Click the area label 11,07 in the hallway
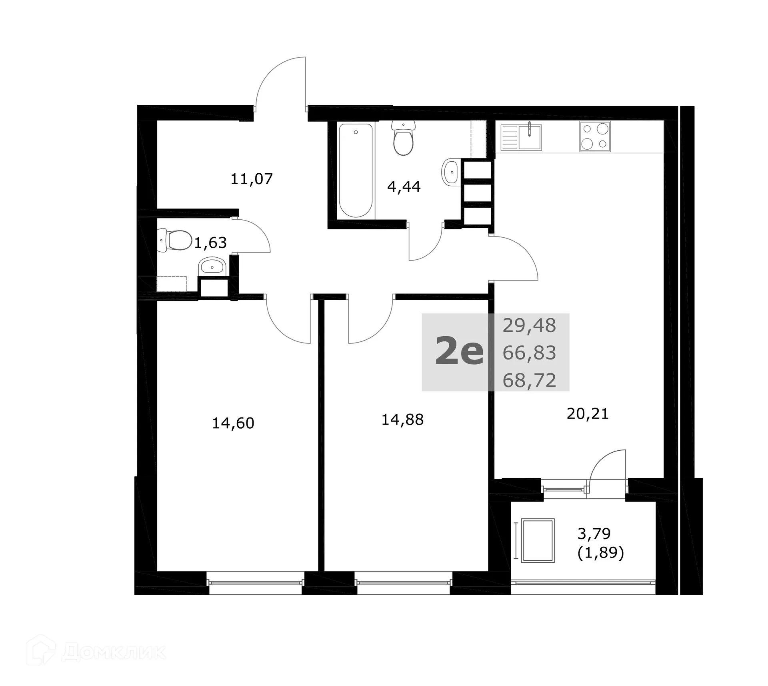point(252,179)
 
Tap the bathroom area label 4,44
point(404,187)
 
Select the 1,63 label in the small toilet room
point(210,243)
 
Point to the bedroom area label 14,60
point(233,423)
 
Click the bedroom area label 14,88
point(402,420)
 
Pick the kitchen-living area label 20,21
point(588,414)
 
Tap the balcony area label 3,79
point(594,534)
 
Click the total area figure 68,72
point(529,381)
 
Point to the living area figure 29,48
point(529,326)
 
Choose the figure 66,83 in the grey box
point(529,353)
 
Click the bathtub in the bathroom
point(356,170)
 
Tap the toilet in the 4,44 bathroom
point(403,138)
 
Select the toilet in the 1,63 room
point(175,241)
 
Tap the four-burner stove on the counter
point(595,136)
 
